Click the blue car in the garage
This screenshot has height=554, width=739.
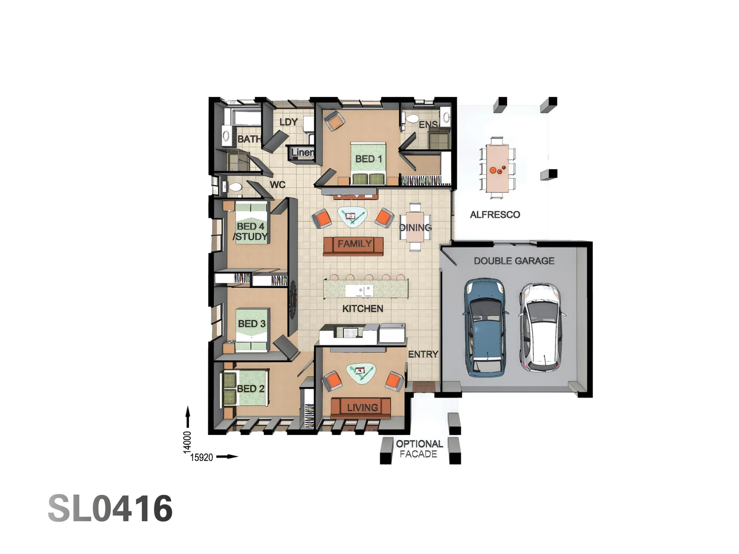[x=485, y=326]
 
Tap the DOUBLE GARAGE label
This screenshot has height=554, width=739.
[x=514, y=261]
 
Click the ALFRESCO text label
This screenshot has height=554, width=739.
[x=495, y=214]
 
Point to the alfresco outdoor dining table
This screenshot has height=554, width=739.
[x=497, y=168]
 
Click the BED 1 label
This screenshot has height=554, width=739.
[x=368, y=159]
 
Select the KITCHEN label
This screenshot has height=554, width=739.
[x=362, y=308]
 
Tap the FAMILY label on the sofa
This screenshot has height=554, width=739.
[x=354, y=244]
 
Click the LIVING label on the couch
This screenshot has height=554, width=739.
[x=362, y=407]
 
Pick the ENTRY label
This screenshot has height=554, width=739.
[x=423, y=354]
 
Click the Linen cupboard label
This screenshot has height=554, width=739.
[x=302, y=152]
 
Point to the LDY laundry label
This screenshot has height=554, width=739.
[x=288, y=122]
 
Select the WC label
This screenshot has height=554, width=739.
[x=277, y=185]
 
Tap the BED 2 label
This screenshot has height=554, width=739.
[x=250, y=389]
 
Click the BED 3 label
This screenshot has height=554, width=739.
[x=251, y=324]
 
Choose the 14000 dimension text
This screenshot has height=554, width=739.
[x=187, y=442]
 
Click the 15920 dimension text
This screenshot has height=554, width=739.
[x=202, y=457]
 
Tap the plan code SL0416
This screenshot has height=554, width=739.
[x=110, y=509]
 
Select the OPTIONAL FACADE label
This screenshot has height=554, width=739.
[x=419, y=449]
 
